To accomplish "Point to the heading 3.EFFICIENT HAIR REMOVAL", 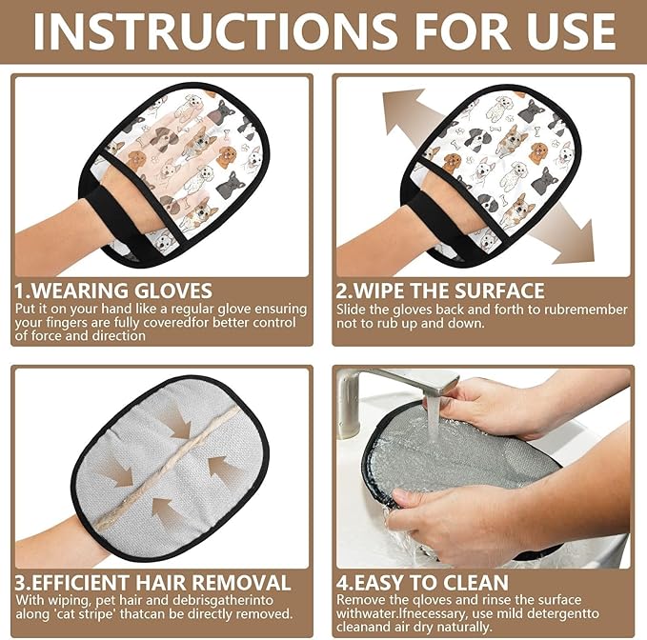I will [x=152, y=582].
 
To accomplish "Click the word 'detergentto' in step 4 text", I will [x=581, y=614].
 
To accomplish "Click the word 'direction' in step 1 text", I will [x=113, y=336].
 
